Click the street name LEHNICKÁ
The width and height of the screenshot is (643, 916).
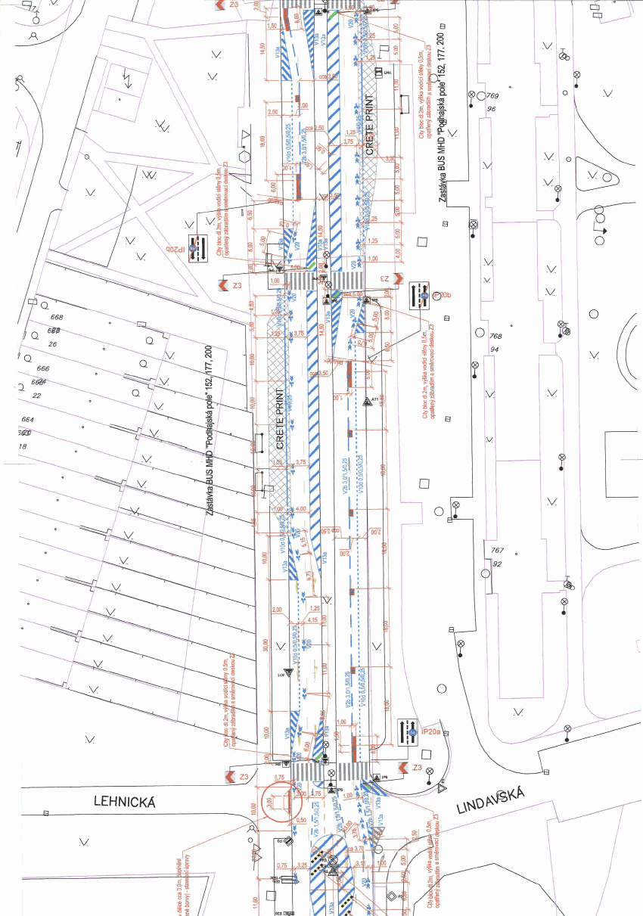click(125, 802)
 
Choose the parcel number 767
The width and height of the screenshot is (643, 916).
click(497, 551)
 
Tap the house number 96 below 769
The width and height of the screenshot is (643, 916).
click(492, 109)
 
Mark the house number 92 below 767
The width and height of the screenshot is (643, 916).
click(496, 564)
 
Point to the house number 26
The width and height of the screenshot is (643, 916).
click(54, 345)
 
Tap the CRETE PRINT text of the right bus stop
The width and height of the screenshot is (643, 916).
click(371, 126)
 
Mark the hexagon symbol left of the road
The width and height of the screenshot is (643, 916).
click(244, 156)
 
